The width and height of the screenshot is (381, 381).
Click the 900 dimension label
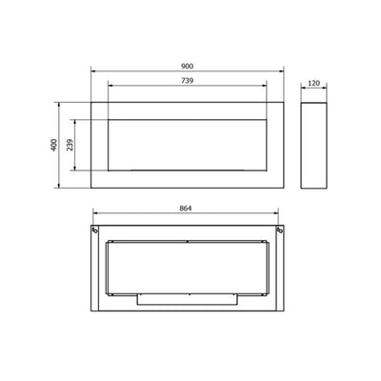(x=188, y=67)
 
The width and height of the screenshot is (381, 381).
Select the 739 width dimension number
(x=188, y=81)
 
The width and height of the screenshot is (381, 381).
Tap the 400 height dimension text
(x=54, y=145)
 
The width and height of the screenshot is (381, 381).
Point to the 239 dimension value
(x=70, y=145)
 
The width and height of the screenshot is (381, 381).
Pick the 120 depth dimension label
(x=313, y=83)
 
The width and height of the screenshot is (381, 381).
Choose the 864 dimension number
(x=186, y=209)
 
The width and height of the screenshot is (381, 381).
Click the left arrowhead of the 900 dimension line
(x=92, y=71)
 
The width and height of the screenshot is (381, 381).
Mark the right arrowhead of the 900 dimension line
(x=282, y=71)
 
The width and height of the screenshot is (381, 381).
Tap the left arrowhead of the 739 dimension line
(x=110, y=86)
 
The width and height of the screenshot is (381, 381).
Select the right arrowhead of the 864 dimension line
(x=276, y=213)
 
